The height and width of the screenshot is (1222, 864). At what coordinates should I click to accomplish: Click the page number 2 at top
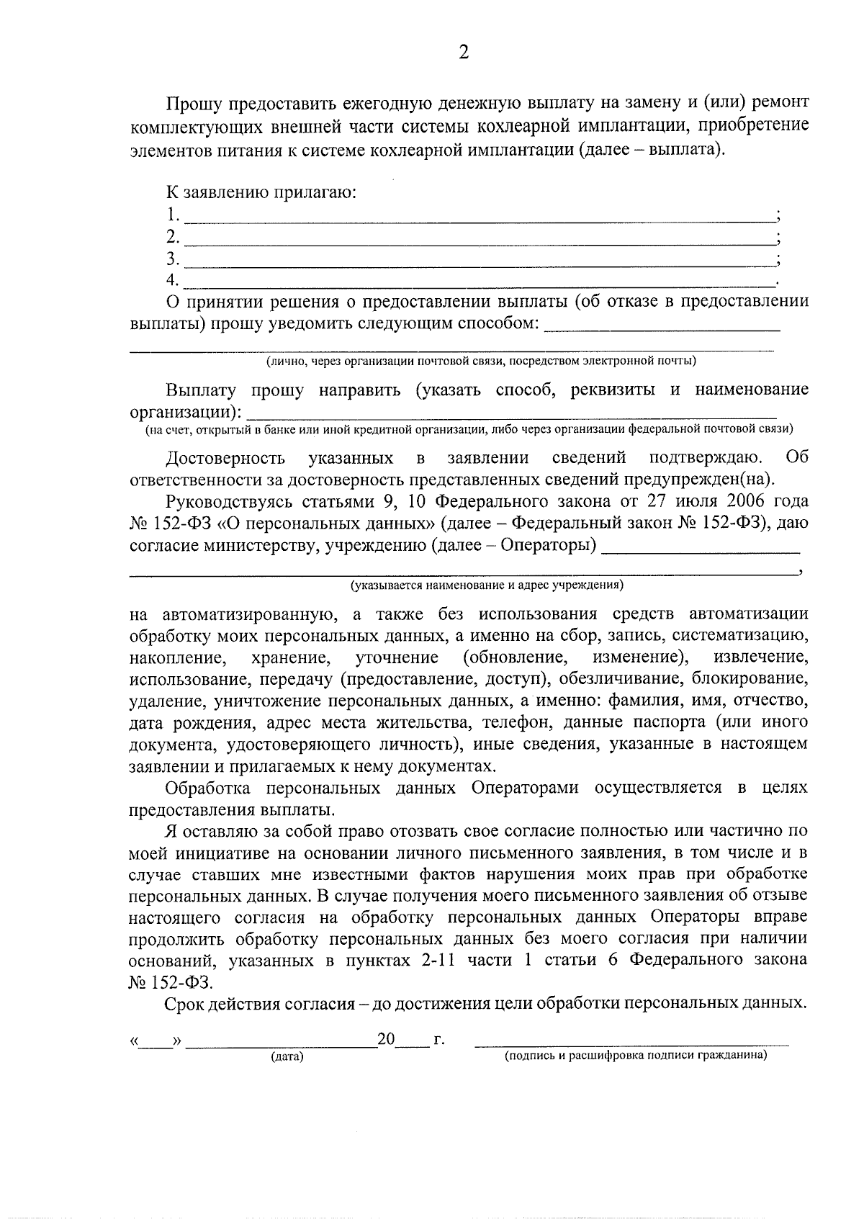click(463, 53)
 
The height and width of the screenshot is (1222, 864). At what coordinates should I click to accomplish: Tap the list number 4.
click(171, 279)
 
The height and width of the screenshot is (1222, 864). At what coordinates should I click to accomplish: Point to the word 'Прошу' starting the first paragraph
click(194, 103)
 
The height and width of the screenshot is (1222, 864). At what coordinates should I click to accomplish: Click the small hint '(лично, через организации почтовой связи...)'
click(481, 361)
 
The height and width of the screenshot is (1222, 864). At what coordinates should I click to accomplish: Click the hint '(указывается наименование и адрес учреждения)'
click(487, 585)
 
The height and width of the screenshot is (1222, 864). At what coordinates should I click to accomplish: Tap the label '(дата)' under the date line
click(287, 1057)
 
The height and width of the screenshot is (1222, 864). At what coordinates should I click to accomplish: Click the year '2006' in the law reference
click(742, 501)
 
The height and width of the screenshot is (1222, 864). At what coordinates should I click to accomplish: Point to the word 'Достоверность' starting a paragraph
click(225, 458)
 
